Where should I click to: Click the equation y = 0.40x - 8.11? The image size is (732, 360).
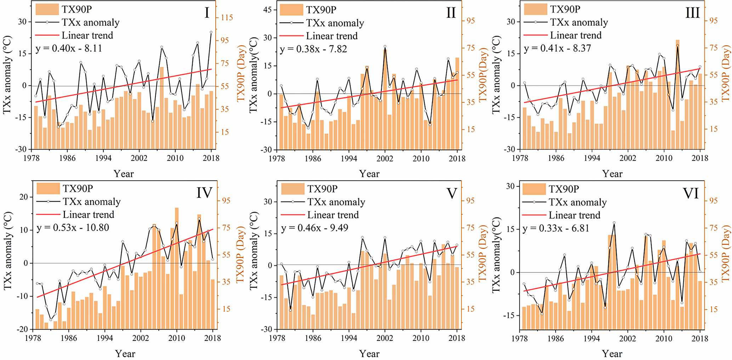[69, 48]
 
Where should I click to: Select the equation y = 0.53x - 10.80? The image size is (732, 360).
[73, 227]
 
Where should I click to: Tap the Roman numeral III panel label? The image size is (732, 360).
[692, 13]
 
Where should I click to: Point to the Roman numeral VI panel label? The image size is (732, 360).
[691, 193]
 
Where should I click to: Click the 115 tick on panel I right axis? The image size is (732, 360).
[227, 17]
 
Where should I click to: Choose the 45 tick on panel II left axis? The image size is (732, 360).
[267, 10]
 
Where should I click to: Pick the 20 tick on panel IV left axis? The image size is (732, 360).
[23, 197]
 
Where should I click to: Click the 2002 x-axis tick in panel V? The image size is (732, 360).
[385, 338]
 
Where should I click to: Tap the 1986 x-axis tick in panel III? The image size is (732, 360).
[556, 158]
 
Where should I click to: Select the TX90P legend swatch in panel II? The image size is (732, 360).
[291, 10]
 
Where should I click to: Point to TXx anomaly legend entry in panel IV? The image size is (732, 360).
[91, 202]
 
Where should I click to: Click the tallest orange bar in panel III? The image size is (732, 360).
[677, 92]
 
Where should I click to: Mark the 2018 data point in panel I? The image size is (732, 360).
[211, 32]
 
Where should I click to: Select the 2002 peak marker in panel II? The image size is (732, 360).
[385, 46]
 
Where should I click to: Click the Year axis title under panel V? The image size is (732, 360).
[369, 353]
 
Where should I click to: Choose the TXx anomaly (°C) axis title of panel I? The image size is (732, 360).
[7, 74]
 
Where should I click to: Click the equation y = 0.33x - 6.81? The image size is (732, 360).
[556, 228]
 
